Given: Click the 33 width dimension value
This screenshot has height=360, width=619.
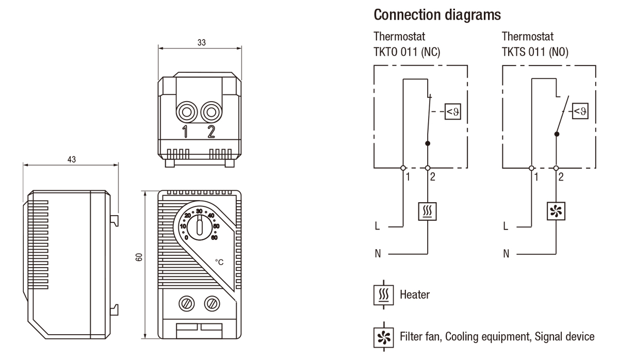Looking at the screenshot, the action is [202, 42].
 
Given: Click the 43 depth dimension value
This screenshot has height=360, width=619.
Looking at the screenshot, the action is [72, 159].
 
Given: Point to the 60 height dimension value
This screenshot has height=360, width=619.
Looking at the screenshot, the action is [139, 257].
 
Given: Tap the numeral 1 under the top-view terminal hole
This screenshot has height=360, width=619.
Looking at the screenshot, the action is [185, 132].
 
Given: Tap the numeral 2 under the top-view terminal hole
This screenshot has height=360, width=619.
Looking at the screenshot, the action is [211, 132].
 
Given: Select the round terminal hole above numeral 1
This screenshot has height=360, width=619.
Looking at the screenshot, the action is [187, 112].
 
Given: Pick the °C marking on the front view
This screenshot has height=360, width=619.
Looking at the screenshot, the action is [219, 262].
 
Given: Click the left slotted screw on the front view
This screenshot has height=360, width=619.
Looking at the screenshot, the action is [187, 304].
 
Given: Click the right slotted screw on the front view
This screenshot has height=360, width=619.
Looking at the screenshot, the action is [212, 304].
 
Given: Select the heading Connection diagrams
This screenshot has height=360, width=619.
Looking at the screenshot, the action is [437, 14].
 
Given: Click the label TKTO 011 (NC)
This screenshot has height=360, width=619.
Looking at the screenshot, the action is [407, 52].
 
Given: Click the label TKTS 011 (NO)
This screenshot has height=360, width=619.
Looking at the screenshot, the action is [535, 52].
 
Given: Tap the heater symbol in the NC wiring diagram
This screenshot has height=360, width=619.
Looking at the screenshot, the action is [428, 211].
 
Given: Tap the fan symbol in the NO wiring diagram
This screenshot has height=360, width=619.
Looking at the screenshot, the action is [556, 211].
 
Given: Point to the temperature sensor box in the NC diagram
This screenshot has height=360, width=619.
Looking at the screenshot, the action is [453, 111].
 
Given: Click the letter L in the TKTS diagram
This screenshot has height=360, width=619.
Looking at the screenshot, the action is [506, 226].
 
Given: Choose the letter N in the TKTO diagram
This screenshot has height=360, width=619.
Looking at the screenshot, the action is [378, 253].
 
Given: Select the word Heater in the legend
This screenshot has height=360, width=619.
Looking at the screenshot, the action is [415, 295].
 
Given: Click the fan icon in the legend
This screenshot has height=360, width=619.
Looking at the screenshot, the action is [384, 337].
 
